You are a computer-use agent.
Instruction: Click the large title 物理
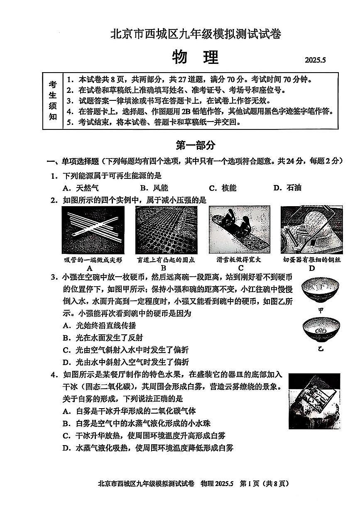tap(195, 58)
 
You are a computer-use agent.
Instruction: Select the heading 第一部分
tap(196, 145)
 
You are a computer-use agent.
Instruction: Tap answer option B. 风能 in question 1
tap(154, 188)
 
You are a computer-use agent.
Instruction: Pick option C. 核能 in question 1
tap(223, 188)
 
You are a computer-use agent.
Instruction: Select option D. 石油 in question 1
tap(287, 188)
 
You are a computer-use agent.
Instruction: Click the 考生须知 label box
tap(53, 101)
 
